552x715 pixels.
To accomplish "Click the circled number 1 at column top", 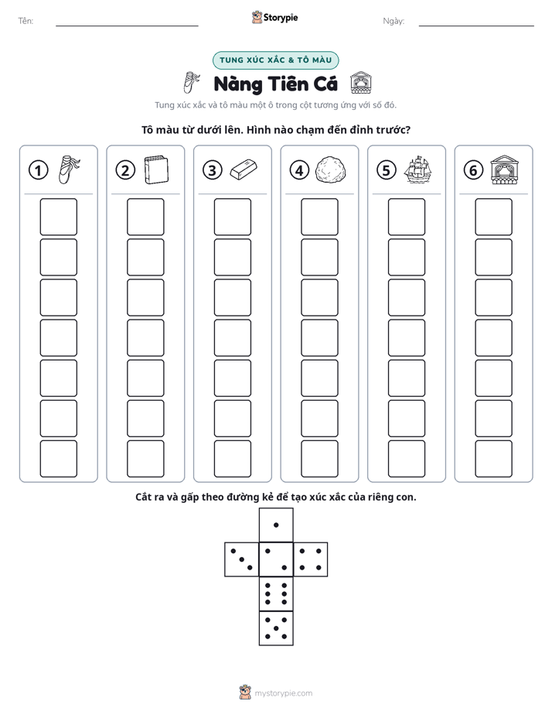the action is [x=38, y=170].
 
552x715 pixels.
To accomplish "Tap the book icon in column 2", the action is [x=156, y=170].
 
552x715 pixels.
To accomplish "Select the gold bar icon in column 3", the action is [x=244, y=169].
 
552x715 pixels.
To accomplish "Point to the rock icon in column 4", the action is [x=331, y=169].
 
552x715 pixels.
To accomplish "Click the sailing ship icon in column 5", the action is [x=417, y=169].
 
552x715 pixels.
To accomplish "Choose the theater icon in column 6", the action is [x=505, y=169].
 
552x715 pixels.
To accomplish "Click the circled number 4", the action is [x=299, y=170].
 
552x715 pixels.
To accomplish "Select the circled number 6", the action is [x=473, y=170].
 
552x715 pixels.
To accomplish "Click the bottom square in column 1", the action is [x=58, y=459].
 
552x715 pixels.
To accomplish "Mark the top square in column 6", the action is [x=494, y=217].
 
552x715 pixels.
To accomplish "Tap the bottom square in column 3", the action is [x=232, y=459].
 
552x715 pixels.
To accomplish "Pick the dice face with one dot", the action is [x=276, y=525].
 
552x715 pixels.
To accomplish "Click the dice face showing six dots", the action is [x=276, y=594].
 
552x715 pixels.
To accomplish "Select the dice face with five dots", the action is [x=276, y=628].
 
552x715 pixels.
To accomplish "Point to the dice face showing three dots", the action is [x=242, y=559].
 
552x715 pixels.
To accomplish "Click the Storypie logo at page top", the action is [x=274, y=17].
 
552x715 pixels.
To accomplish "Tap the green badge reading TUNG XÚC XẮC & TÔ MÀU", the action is [x=275, y=60].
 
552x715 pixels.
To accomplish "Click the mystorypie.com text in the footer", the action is [x=283, y=693].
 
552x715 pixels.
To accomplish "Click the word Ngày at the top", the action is [x=394, y=21].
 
